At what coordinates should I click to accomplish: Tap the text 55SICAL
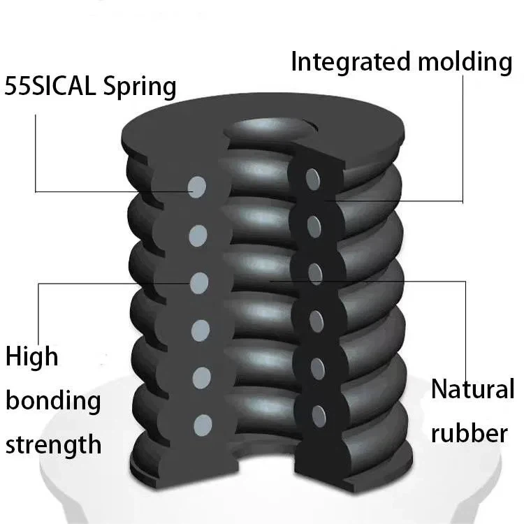click(50, 87)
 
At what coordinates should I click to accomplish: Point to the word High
click(32, 358)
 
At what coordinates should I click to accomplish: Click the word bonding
click(54, 402)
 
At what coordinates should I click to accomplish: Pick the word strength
click(54, 444)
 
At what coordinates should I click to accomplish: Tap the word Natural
click(472, 389)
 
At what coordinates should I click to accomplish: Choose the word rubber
click(469, 433)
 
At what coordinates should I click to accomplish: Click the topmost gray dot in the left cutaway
click(198, 187)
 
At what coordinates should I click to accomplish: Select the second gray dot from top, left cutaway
click(200, 234)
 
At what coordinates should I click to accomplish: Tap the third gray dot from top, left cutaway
click(200, 282)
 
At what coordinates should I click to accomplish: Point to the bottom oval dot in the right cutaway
click(318, 412)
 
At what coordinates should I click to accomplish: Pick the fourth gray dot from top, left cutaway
click(201, 329)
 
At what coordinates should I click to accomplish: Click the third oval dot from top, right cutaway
click(314, 272)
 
